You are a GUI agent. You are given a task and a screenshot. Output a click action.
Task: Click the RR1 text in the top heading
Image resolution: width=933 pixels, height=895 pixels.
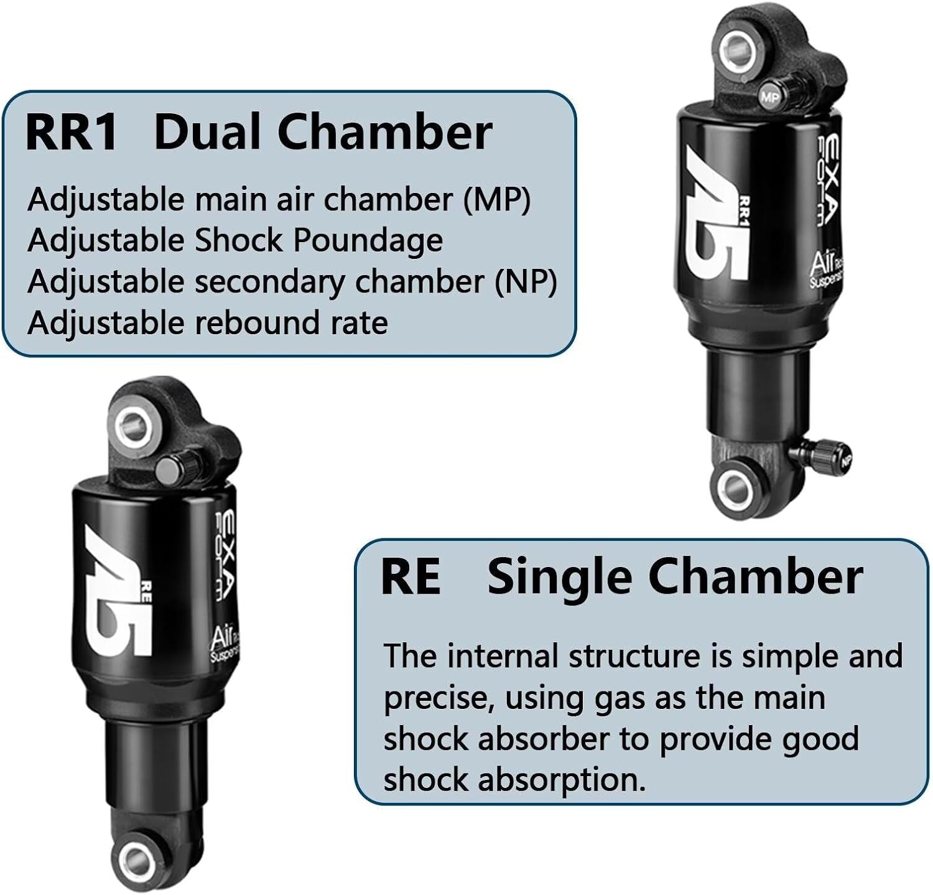(x=72, y=133)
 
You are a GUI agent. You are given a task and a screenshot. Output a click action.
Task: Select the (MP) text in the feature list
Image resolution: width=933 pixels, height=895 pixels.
(x=497, y=200)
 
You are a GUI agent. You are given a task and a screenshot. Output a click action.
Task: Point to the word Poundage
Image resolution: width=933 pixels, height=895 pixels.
(x=368, y=241)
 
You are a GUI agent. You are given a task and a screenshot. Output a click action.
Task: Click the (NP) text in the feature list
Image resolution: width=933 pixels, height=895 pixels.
(x=526, y=282)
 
